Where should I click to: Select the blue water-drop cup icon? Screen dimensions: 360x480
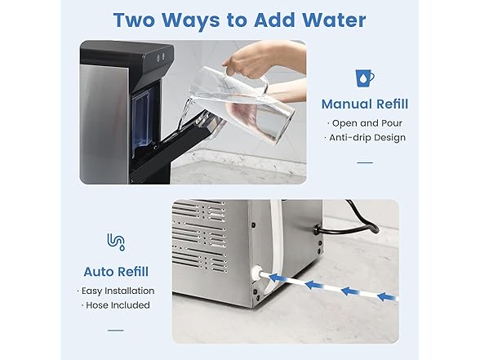coord(364,78)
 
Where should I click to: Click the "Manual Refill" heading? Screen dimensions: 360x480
coord(364,104)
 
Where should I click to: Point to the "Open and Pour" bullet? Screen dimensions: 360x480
coord(364,122)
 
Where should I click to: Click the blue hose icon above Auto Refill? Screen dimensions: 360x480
coord(116,242)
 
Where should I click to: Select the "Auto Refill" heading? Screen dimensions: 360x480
coord(116,271)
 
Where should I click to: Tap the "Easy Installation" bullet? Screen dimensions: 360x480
coord(116,291)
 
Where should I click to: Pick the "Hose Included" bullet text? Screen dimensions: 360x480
coord(116,305)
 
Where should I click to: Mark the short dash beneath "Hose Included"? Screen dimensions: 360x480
coord(116,329)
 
